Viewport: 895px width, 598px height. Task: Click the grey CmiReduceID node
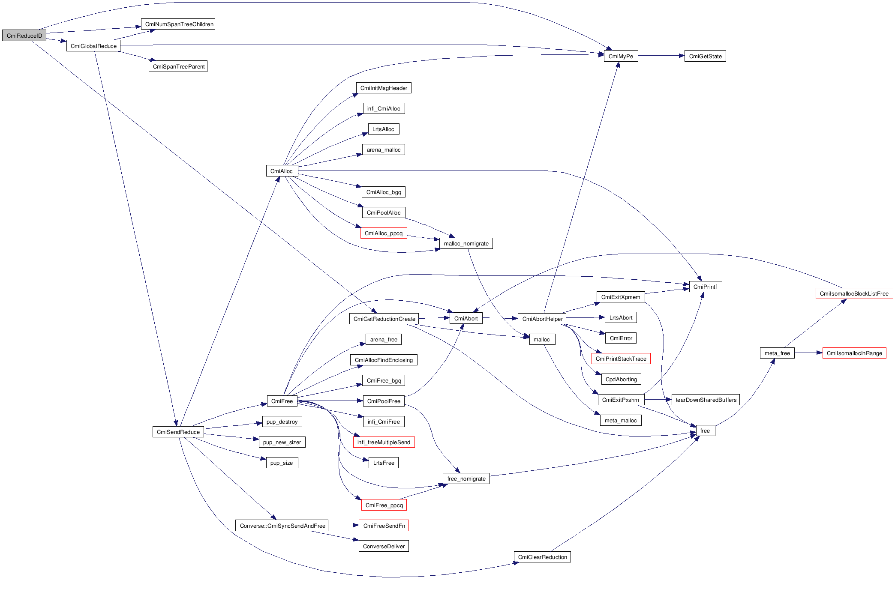(24, 36)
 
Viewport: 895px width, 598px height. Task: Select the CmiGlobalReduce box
(93, 46)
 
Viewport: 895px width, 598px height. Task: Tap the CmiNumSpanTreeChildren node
(178, 24)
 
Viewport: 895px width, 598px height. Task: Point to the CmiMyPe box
(621, 56)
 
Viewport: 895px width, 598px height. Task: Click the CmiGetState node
(705, 56)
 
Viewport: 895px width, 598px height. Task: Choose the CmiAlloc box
(282, 171)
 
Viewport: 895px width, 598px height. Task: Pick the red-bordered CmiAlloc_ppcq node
(384, 233)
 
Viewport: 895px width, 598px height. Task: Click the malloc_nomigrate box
(466, 243)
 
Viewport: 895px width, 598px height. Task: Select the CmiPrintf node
(705, 287)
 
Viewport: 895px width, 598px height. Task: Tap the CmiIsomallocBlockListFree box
(854, 293)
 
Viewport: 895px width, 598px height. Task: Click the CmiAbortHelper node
(542, 319)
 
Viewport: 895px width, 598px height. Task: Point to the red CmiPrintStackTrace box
(621, 359)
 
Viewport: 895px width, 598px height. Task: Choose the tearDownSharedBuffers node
(706, 400)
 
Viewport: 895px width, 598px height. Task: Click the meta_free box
(777, 353)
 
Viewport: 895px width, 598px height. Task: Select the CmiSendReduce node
(178, 432)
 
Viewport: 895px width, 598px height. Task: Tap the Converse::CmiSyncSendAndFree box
(282, 526)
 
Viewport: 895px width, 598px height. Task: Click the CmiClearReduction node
(542, 557)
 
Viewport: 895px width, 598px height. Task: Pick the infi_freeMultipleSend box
(384, 442)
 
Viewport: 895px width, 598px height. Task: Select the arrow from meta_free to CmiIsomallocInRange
(808, 353)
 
